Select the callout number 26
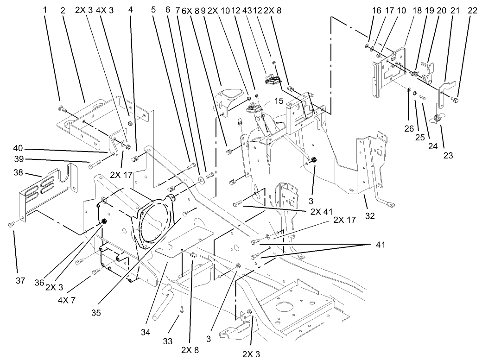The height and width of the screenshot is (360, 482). coord(408,129)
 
